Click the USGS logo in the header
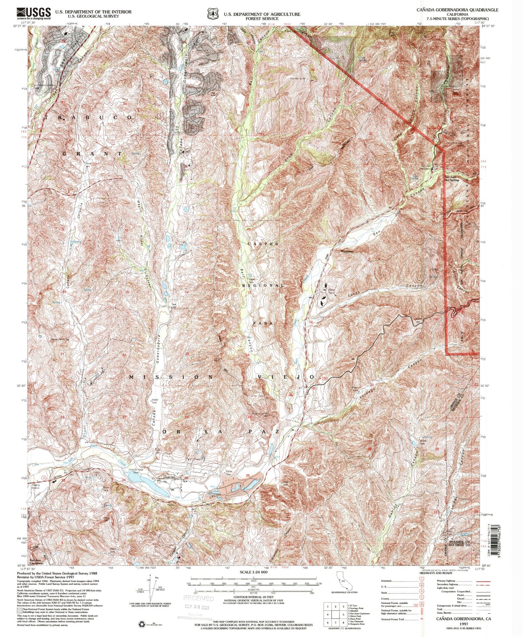coord(33,13)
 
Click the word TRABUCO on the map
coord(89,118)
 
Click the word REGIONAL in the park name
coord(263,285)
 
